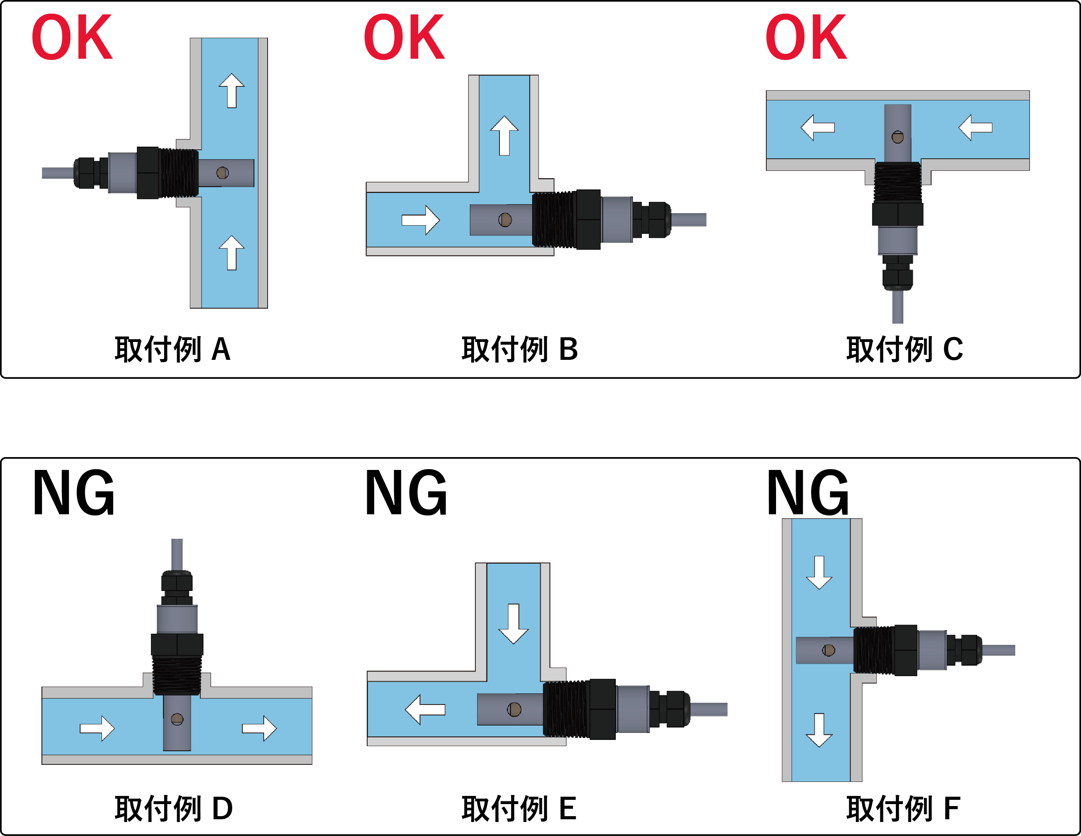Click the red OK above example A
pyautogui.click(x=72, y=37)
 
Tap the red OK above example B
pyautogui.click(x=405, y=37)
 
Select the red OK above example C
pyautogui.click(x=806, y=37)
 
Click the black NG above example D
pyautogui.click(x=74, y=492)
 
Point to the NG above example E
pyautogui.click(x=406, y=492)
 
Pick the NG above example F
pyautogui.click(x=808, y=492)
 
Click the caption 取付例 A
pyautogui.click(x=173, y=349)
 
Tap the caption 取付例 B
pyautogui.click(x=520, y=349)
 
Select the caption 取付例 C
pyautogui.click(x=905, y=349)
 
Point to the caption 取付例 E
pyautogui.click(x=519, y=808)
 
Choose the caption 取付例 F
pyautogui.click(x=903, y=808)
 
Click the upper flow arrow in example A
pyautogui.click(x=232, y=91)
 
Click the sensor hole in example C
pyautogui.click(x=897, y=137)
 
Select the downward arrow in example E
pyautogui.click(x=514, y=624)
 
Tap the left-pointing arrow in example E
pyautogui.click(x=425, y=709)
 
